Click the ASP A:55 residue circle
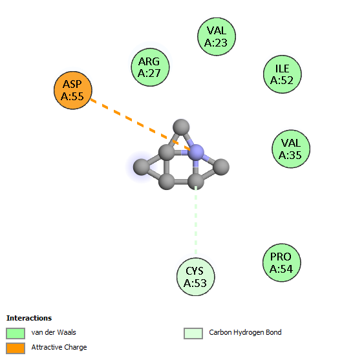(x=73, y=90)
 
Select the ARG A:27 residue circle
(x=150, y=67)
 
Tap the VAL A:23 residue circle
(x=217, y=37)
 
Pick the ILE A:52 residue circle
(x=283, y=74)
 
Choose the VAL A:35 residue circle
(x=291, y=149)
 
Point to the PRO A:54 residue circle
(x=282, y=262)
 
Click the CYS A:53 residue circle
(x=196, y=277)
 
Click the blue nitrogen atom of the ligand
(x=196, y=153)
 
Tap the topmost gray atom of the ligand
(x=181, y=127)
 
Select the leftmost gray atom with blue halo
(x=142, y=167)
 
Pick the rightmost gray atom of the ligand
(x=221, y=167)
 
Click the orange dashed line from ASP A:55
(x=140, y=125)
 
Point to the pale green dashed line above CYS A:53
(x=196, y=220)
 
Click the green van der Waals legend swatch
(x=16, y=334)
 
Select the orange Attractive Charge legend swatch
(x=16, y=348)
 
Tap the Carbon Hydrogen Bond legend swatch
(x=193, y=334)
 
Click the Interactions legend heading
(x=29, y=318)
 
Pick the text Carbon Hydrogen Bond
(x=245, y=332)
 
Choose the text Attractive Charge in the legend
(x=59, y=347)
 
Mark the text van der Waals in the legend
(x=54, y=332)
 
